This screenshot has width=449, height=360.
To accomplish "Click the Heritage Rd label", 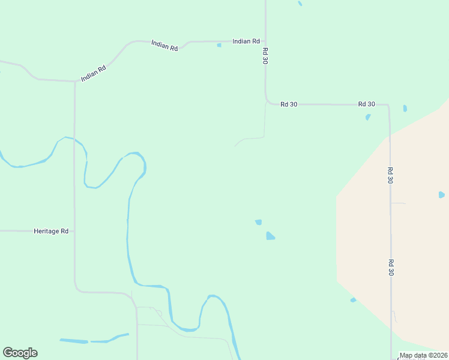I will pyautogui.click(x=51, y=231).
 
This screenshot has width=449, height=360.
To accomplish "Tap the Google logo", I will pyautogui.click(x=20, y=353).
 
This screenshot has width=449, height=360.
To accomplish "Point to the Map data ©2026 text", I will pyautogui.click(x=423, y=355).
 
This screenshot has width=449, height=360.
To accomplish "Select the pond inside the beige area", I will pyautogui.click(x=442, y=194).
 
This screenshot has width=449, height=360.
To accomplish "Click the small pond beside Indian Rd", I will pyautogui.click(x=219, y=45).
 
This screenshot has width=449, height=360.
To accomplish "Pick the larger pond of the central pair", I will pyautogui.click(x=270, y=236).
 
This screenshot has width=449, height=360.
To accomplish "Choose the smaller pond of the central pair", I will pyautogui.click(x=258, y=222).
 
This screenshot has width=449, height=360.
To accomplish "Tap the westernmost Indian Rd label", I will pyautogui.click(x=94, y=73).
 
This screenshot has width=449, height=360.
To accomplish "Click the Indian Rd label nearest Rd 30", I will pyautogui.click(x=246, y=41).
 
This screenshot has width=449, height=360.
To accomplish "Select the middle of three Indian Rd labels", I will pyautogui.click(x=164, y=45).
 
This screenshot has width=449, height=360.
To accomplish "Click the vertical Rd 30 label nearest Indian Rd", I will pyautogui.click(x=265, y=56).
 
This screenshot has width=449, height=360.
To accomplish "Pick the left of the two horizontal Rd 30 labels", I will pyautogui.click(x=289, y=104).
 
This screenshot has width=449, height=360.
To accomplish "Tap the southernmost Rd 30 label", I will pyautogui.click(x=390, y=267).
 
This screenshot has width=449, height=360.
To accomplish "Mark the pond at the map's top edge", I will pyautogui.click(x=300, y=4).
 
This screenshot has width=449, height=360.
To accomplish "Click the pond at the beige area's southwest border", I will pyautogui.click(x=353, y=300).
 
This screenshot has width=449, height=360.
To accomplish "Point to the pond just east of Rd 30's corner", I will pyautogui.click(x=405, y=109).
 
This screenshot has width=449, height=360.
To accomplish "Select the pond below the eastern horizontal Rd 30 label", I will pyautogui.click(x=368, y=117).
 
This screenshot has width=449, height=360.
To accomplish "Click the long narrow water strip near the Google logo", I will pyautogui.click(x=74, y=341).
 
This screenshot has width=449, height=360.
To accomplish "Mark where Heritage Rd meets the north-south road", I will pyautogui.click(x=74, y=231).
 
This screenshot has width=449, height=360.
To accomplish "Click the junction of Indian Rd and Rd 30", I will pyautogui.click(x=265, y=41).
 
